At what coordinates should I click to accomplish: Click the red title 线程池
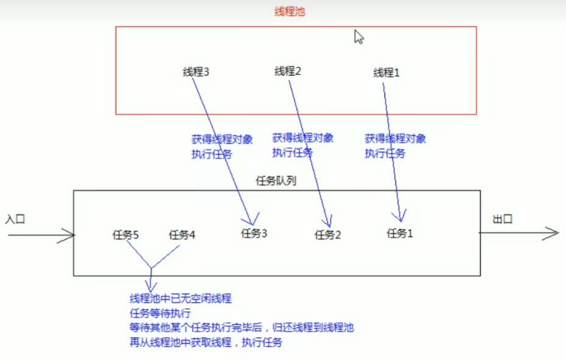point(289,12)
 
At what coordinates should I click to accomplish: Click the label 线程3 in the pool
point(196,72)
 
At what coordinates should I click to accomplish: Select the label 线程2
point(288,71)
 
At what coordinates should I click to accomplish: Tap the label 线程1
point(387,73)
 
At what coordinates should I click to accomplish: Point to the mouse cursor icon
point(359,37)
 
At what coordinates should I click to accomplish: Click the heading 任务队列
point(276,181)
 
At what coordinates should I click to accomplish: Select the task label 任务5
point(126,235)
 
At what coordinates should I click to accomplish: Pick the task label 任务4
point(182,235)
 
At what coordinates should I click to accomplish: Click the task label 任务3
point(254,233)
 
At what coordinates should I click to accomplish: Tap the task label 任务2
point(328,234)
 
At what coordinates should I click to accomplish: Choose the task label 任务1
point(400,232)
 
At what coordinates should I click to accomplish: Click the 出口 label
point(503,219)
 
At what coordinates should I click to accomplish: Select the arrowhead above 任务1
point(401,217)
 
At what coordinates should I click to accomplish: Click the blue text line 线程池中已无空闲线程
point(181,299)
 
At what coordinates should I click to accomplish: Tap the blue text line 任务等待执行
point(160,314)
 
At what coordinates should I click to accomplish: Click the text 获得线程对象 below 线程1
point(395,139)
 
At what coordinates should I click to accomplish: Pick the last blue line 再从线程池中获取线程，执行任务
point(206,343)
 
